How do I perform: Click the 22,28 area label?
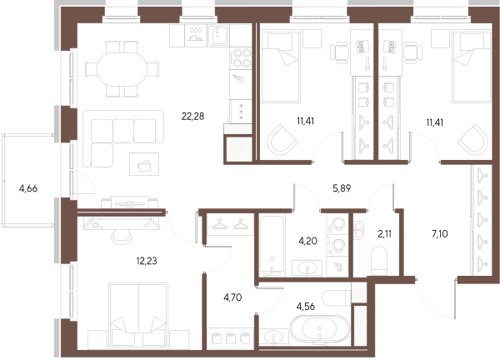192,117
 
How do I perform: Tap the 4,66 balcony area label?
28,188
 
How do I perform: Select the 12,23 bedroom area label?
147,261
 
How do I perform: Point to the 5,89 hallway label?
342,188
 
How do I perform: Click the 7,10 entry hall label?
440,233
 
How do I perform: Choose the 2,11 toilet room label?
384,233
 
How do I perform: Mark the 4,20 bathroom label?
307,241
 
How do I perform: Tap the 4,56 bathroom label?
306,307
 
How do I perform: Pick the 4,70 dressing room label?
232,297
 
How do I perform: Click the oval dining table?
122,69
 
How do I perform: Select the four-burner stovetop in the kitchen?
241,57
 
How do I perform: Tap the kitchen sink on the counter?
218,35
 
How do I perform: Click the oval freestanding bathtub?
319,330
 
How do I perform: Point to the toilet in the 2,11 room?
379,261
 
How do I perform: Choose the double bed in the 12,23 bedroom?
138,315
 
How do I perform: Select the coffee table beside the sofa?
144,164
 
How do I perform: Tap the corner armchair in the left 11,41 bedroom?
282,140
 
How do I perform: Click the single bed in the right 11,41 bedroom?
472,67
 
